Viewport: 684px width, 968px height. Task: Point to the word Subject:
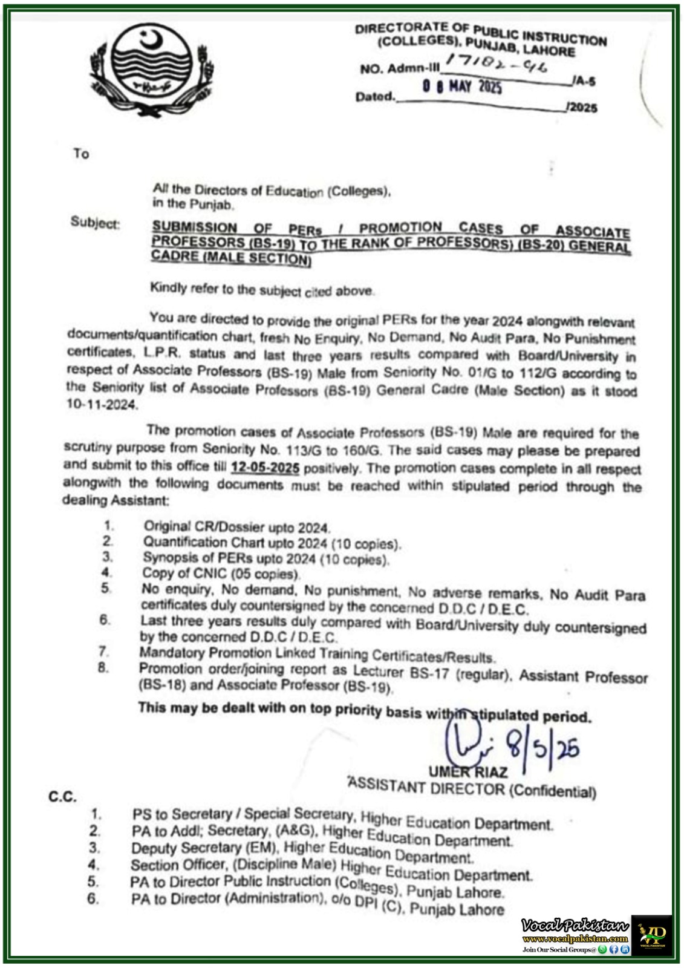(x=95, y=223)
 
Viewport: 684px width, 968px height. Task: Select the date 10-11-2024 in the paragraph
(x=102, y=405)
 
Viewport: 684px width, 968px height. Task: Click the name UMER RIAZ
(x=468, y=772)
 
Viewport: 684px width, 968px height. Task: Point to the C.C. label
(x=62, y=797)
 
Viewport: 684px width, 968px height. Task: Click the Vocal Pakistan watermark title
(x=575, y=926)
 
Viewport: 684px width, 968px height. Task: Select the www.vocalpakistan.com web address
(x=575, y=939)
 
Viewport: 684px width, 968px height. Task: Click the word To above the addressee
(x=81, y=154)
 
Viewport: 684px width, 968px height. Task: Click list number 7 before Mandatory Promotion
(x=104, y=652)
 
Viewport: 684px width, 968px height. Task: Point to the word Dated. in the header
(x=375, y=97)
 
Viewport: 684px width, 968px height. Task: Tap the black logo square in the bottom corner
(x=652, y=935)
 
